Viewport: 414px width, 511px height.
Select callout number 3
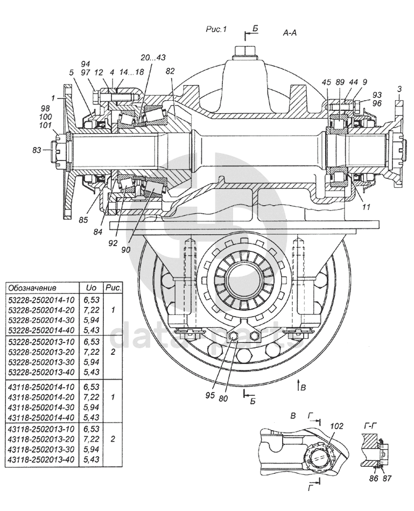click(x=398, y=88)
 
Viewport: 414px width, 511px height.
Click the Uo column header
click(x=88, y=288)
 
